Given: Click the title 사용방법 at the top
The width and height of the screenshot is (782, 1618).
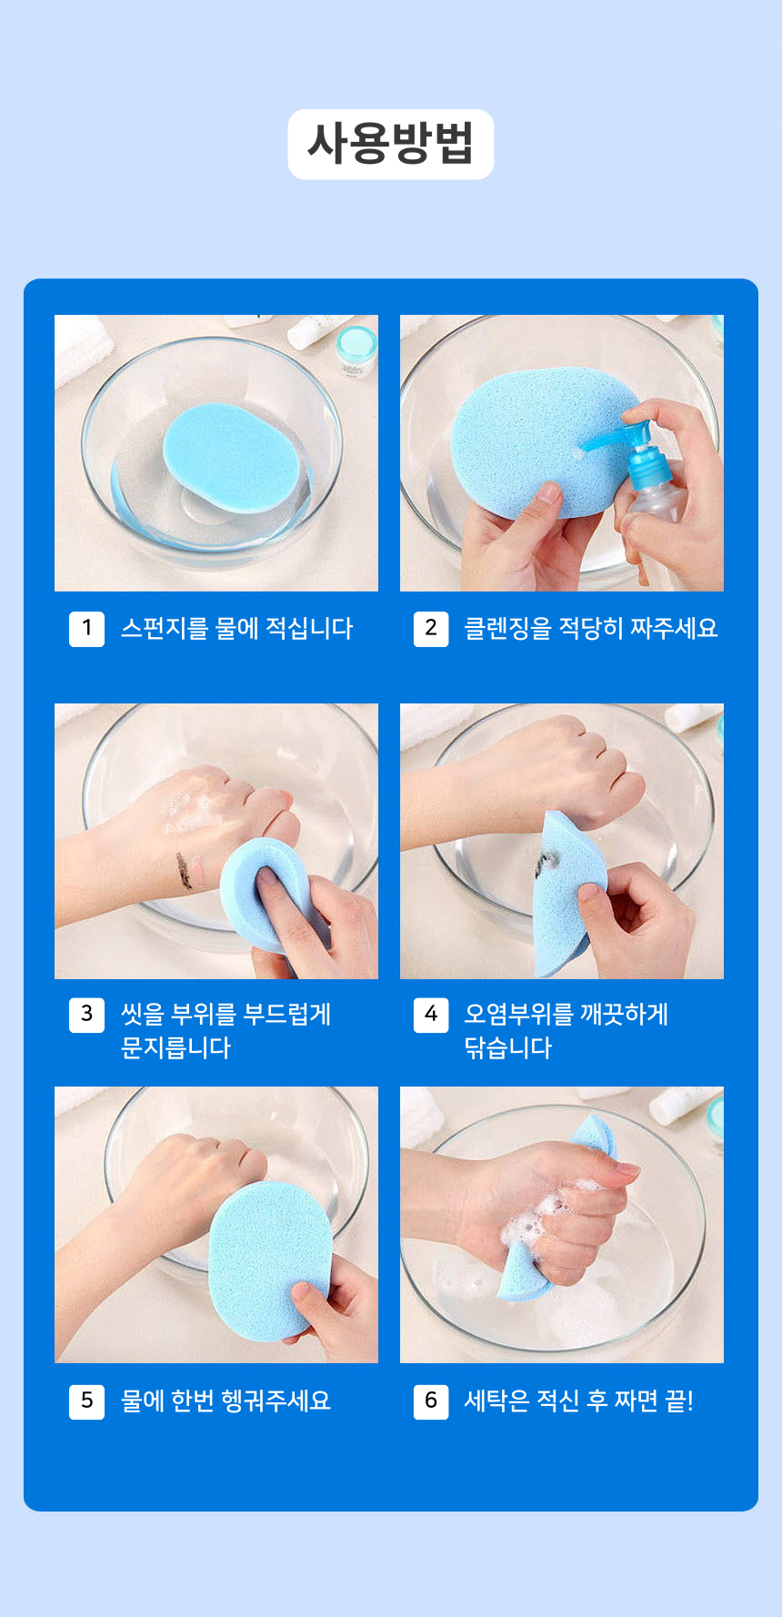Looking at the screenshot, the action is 391,144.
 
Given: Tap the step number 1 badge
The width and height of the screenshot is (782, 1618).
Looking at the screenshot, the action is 86,628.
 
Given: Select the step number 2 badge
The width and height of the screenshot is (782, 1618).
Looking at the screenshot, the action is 431,628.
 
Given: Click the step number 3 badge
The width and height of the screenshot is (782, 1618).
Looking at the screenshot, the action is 86,1015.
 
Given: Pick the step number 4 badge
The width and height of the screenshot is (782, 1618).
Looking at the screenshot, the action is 431,1015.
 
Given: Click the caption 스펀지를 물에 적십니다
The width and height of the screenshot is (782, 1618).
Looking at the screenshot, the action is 236,628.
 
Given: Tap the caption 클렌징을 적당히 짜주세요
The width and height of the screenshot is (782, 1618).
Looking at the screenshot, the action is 591,628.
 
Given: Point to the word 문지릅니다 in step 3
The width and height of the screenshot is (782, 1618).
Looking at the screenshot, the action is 175,1048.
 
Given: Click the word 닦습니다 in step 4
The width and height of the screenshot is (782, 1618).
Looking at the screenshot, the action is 508,1048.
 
